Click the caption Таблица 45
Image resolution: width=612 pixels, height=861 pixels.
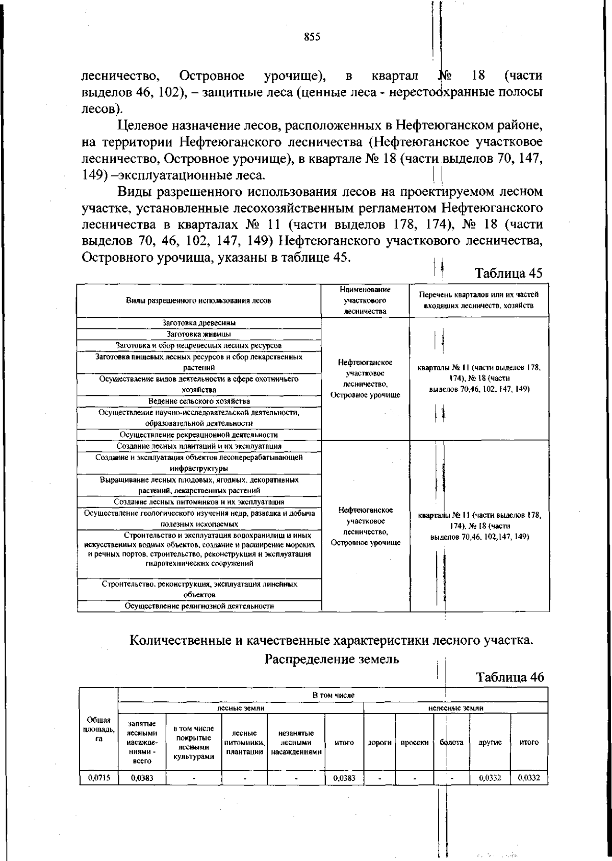point(508,273)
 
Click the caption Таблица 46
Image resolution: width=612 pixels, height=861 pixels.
point(509,677)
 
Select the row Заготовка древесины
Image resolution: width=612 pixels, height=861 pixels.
point(199,322)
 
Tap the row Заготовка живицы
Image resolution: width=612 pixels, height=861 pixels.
point(199,334)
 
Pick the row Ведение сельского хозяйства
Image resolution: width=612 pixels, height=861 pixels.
point(199,401)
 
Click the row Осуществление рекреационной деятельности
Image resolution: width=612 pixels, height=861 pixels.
point(199,435)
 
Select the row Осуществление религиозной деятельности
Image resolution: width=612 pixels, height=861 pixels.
point(199,606)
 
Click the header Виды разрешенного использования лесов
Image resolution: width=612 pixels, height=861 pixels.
point(199,300)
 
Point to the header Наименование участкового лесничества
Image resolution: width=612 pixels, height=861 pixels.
point(365,300)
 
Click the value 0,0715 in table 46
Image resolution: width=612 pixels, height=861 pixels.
point(99,778)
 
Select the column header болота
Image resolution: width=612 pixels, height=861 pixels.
point(451,743)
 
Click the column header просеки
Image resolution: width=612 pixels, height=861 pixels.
point(414,743)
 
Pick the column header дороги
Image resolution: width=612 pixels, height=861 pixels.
point(379,743)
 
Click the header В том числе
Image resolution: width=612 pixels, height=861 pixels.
point(333,695)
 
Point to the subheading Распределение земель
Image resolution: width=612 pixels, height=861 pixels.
point(331,659)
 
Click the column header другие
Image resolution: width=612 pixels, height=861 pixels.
point(490,743)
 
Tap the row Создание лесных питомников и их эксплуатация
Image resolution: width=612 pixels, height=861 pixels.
point(199,502)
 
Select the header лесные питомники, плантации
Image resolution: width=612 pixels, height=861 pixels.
point(244,743)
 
